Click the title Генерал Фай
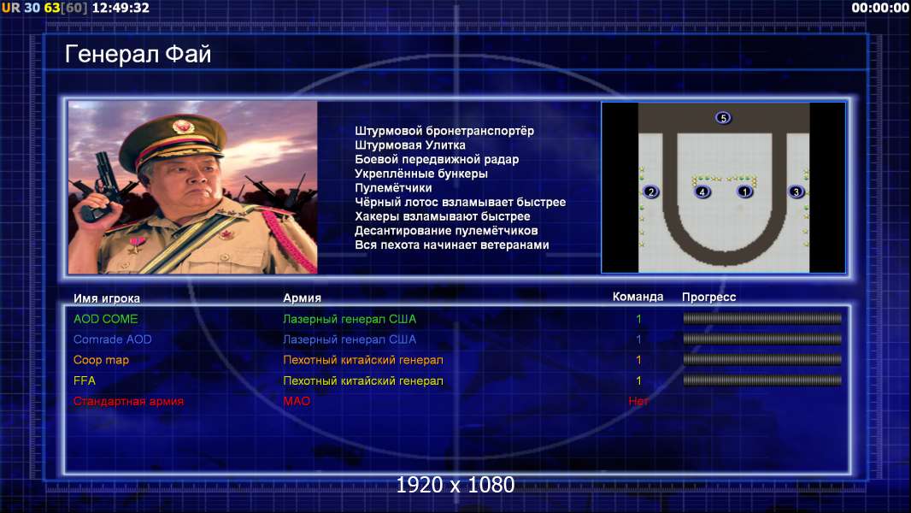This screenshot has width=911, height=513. (138, 54)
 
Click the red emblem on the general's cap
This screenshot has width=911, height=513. (182, 126)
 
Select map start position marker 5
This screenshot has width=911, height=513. (723, 118)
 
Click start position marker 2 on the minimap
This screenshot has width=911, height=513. (650, 192)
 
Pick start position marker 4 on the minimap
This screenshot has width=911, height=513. (702, 192)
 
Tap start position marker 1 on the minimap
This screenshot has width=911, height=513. (745, 192)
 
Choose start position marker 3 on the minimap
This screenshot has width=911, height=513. (796, 192)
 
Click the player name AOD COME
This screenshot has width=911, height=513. (106, 319)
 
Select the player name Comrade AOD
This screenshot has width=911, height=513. (113, 339)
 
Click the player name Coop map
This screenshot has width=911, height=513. (101, 360)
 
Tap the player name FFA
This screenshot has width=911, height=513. (85, 380)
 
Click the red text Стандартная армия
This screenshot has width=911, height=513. (128, 401)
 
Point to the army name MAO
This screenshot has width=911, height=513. (297, 401)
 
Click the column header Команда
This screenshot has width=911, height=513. (638, 297)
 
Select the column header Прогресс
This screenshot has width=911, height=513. (708, 298)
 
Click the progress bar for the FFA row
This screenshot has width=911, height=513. (762, 380)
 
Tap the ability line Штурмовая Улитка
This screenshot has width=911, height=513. (410, 145)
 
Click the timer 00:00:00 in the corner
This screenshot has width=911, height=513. (879, 8)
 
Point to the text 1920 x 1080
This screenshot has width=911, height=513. (455, 485)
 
